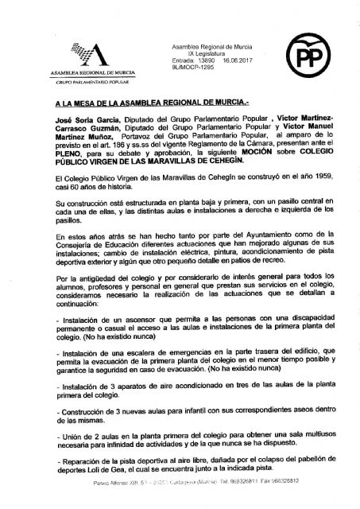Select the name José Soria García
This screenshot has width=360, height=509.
(64, 116)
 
